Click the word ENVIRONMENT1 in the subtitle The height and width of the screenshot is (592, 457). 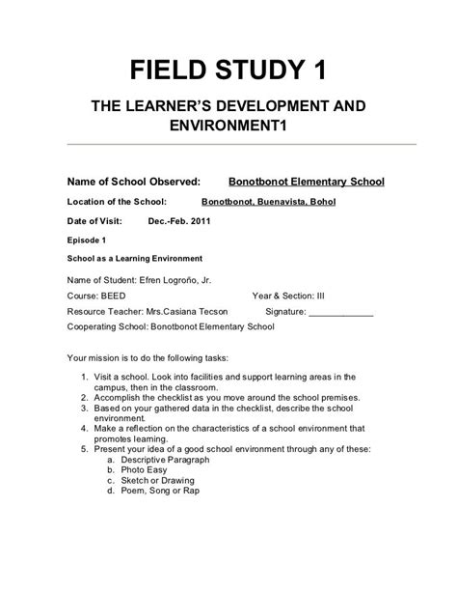coord(228,126)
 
